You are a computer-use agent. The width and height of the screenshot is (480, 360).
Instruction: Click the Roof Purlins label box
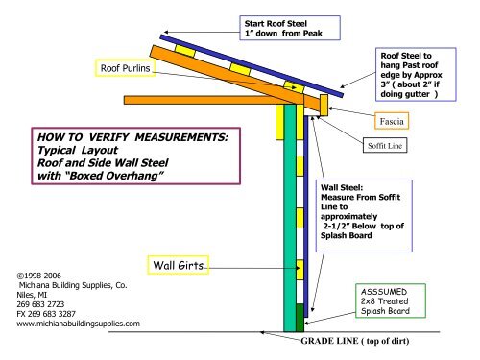coord(131,68)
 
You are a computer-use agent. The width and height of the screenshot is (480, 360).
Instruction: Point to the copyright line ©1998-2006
coord(39,274)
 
